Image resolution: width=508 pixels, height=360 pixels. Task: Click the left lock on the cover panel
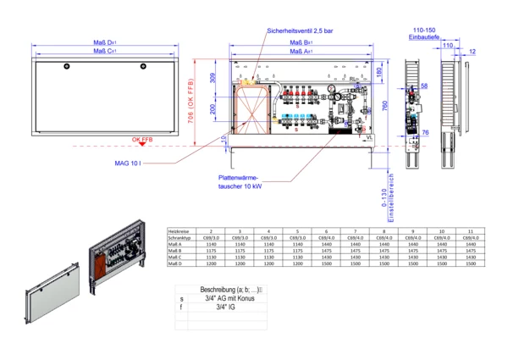pos(69,65)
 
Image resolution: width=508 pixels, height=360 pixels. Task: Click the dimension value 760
pos(384,105)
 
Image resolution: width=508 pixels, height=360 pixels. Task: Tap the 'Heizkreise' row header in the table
pos(179,231)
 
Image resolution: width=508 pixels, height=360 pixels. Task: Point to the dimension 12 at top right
pos(472,53)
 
